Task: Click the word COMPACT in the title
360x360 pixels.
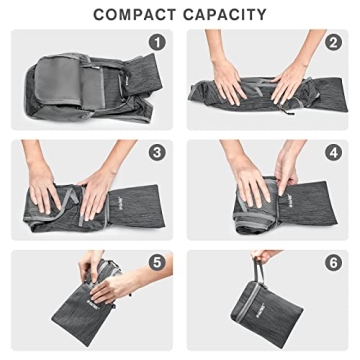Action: [135, 14]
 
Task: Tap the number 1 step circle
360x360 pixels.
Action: [156, 42]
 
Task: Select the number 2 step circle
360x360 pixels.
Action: [332, 42]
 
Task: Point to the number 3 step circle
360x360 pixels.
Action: [156, 153]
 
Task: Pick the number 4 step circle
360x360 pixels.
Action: [332, 153]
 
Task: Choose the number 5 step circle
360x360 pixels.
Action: [156, 263]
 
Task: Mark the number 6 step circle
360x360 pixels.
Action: [332, 263]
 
